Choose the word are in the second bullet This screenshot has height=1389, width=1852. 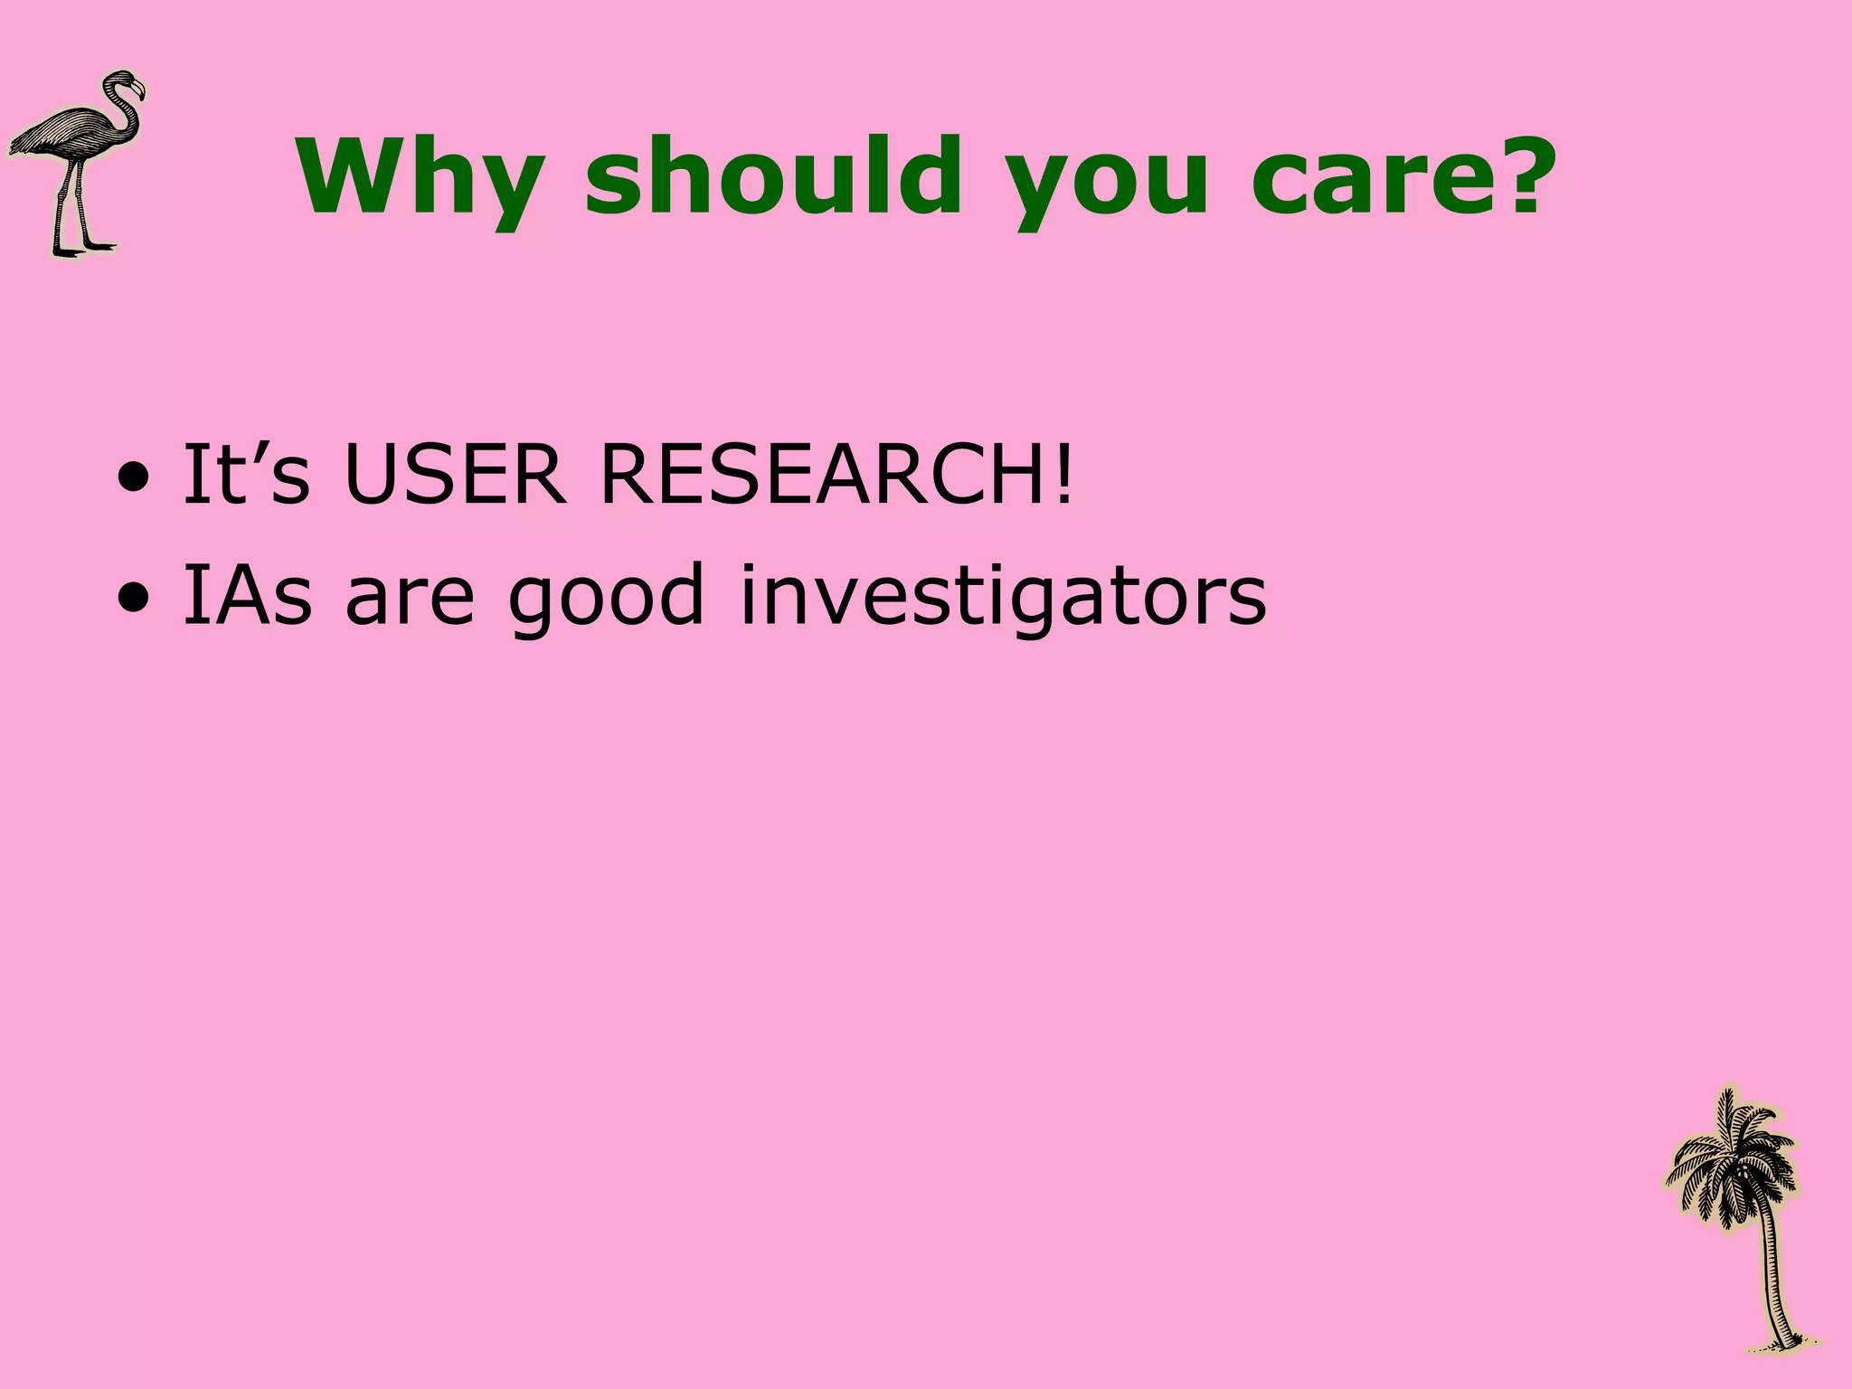click(x=410, y=597)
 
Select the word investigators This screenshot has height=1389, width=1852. click(x=1003, y=597)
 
